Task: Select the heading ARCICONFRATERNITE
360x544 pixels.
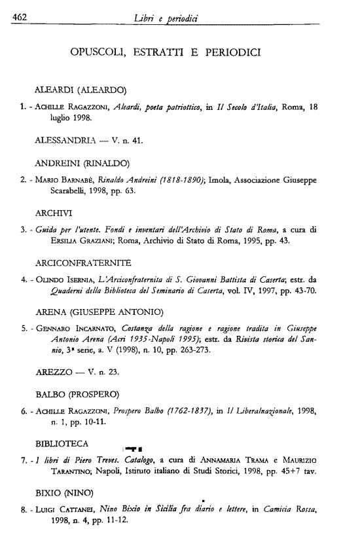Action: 83,263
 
